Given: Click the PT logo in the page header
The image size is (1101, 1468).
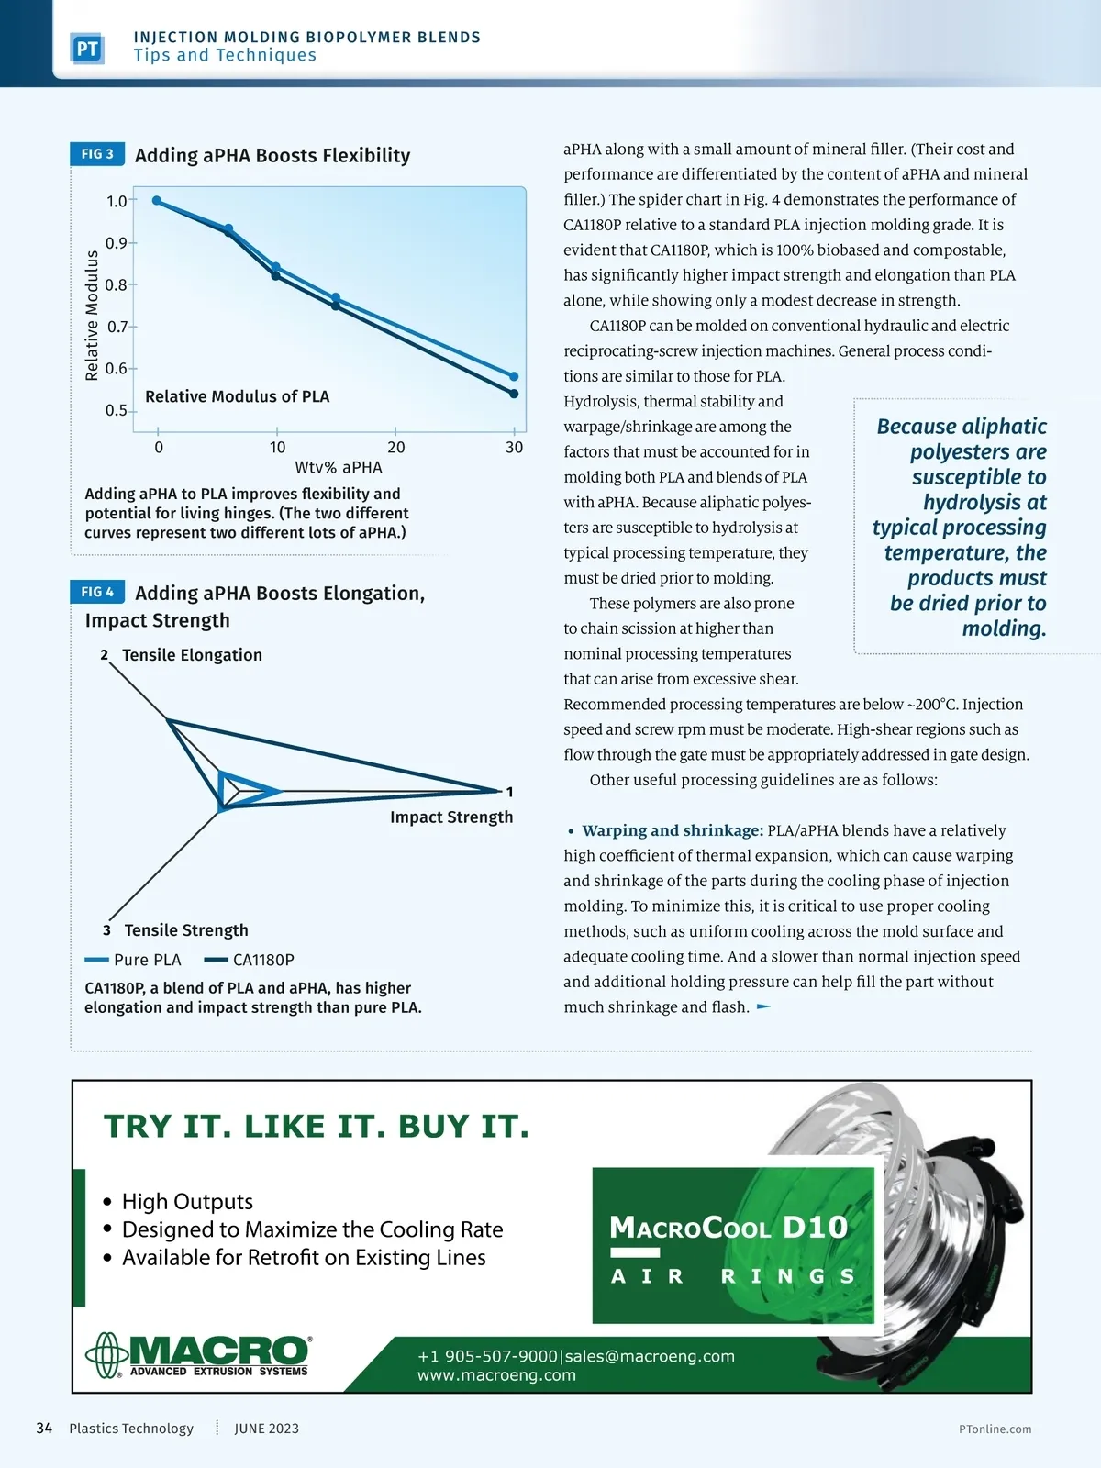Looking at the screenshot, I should [87, 49].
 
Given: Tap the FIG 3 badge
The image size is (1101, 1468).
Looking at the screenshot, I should [97, 154].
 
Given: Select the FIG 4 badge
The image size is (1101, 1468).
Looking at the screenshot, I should [97, 592].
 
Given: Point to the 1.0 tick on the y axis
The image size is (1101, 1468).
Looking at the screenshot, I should [117, 201].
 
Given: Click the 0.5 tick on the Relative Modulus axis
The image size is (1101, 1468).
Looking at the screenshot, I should [117, 410].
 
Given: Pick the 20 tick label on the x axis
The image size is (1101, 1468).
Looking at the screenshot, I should [395, 448].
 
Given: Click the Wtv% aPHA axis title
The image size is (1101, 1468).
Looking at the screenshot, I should [338, 467].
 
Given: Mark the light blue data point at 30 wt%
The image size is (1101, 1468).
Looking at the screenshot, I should [514, 376].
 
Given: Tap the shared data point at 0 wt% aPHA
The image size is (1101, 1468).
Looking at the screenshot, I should [157, 200].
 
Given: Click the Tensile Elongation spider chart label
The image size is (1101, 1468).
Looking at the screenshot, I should [192, 655].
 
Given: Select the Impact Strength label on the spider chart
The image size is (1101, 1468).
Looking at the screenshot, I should [451, 817].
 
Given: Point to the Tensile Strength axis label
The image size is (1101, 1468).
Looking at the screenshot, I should [186, 930].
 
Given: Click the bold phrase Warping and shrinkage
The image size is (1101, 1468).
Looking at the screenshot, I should [673, 830].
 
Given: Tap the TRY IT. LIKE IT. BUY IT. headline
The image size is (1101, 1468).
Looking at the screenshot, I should [317, 1126].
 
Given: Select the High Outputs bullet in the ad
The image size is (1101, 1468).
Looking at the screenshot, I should [187, 1202].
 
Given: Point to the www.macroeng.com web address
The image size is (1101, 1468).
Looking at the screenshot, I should [496, 1375].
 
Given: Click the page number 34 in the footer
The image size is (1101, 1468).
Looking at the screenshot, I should [44, 1429].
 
